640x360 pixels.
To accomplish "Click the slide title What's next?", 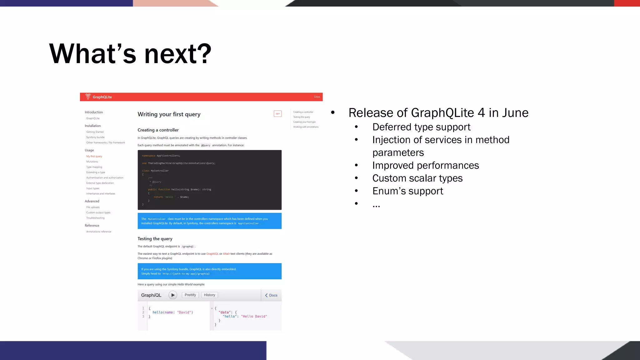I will coord(130,54).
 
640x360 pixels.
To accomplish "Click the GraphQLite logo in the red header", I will coord(99,97).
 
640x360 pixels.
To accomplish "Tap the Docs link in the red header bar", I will coord(317,97).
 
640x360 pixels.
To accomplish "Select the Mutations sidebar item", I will coord(92,162).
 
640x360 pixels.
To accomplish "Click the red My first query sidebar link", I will coord(94,156).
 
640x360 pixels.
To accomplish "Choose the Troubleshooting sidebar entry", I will coord(95,218).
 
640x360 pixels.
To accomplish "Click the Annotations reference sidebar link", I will coord(98,232).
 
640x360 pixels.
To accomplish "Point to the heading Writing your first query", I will coord(169,114).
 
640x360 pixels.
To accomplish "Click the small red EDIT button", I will coord(277,114).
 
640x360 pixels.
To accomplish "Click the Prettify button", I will coord(190,295).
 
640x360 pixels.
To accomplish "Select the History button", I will coord(209,295).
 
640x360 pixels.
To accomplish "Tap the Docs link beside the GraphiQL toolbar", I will coord(271,295).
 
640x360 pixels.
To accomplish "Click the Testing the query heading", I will coord(155,239).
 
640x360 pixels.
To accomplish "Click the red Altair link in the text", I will coord(226,254).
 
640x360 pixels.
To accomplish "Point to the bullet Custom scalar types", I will coord(417,178).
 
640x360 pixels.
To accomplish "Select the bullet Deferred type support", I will coord(421,127).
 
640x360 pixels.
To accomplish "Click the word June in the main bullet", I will coord(515,113).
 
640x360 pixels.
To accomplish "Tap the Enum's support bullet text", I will coord(407,191).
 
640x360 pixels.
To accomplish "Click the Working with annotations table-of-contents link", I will coord(306,127).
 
